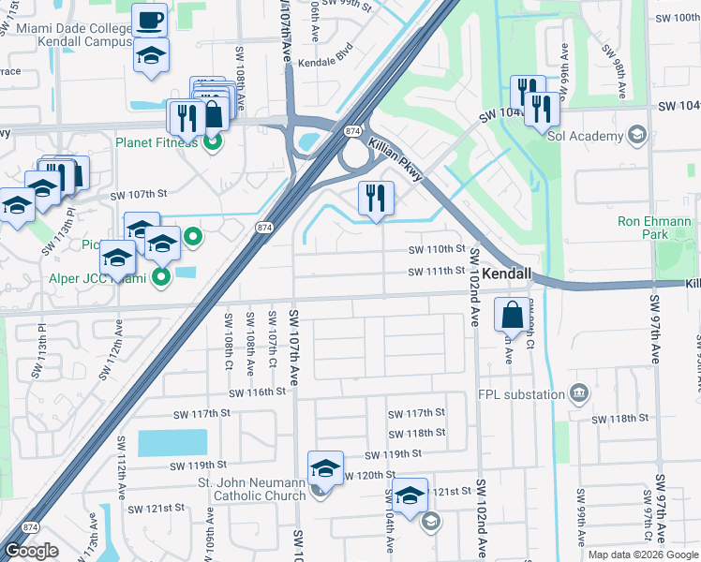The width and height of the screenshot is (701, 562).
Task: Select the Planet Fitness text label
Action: coord(157,143)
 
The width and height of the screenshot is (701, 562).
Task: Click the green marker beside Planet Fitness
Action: coord(212,143)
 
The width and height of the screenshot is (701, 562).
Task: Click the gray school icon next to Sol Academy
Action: coord(638,135)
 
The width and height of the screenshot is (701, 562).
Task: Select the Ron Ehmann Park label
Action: coord(654,229)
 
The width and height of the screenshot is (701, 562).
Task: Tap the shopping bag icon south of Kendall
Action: coord(513,315)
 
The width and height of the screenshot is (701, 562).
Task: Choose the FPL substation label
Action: coord(521,394)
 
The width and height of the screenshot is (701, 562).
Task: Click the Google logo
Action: coord(31,551)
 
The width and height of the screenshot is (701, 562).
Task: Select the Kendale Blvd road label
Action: coord(325,57)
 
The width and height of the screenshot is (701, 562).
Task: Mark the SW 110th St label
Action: coord(437,250)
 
